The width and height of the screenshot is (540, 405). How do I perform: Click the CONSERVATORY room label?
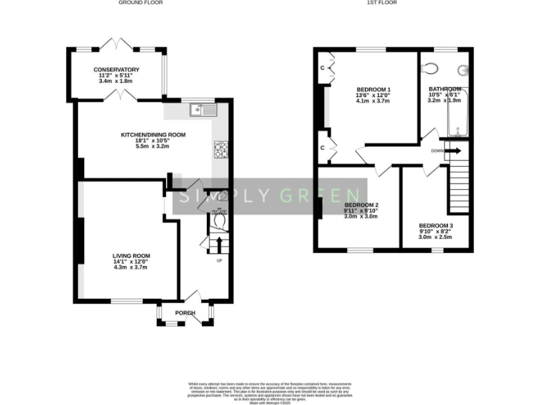117,70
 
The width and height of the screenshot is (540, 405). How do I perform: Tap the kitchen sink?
203,110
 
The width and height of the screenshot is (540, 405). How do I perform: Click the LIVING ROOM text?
131,256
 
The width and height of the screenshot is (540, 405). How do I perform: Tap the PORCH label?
185,313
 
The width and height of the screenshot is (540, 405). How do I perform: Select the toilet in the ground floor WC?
219,221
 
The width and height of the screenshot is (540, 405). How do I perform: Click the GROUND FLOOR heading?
140,4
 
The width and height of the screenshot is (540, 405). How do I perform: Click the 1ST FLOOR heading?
382,4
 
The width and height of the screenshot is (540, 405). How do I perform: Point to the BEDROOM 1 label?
373,89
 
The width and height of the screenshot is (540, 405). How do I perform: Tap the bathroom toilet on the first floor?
430,68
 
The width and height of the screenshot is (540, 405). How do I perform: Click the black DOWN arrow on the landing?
453,150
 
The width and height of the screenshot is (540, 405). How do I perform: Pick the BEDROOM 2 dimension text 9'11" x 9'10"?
361,210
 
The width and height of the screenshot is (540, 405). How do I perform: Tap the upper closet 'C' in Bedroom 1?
323,68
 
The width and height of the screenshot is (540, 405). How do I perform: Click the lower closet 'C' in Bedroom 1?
323,148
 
